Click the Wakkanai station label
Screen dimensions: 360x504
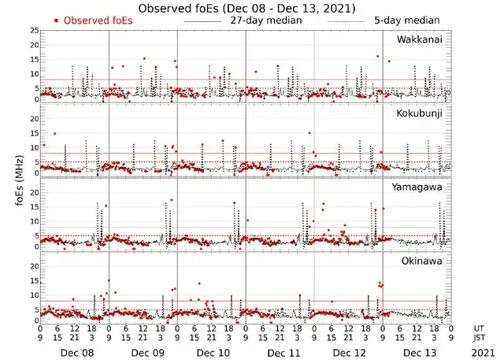tap(419, 39)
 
